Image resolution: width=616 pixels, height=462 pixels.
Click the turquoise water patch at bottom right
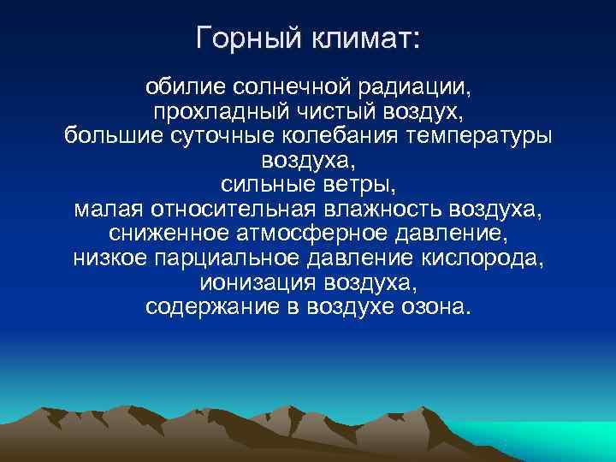click(x=556, y=441)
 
